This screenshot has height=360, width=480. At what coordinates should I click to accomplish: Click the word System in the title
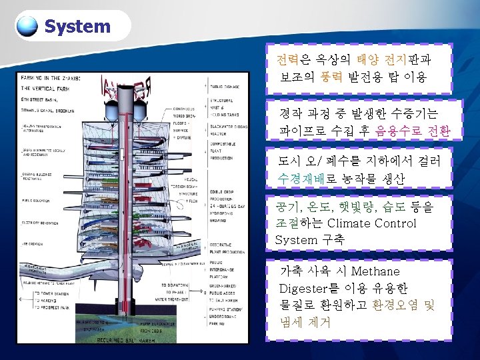[x=77, y=27]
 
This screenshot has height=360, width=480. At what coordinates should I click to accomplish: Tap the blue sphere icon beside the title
[x=27, y=26]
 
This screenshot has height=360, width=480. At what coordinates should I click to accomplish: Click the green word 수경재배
[x=303, y=178]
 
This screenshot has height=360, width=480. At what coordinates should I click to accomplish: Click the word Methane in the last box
[x=375, y=271]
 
